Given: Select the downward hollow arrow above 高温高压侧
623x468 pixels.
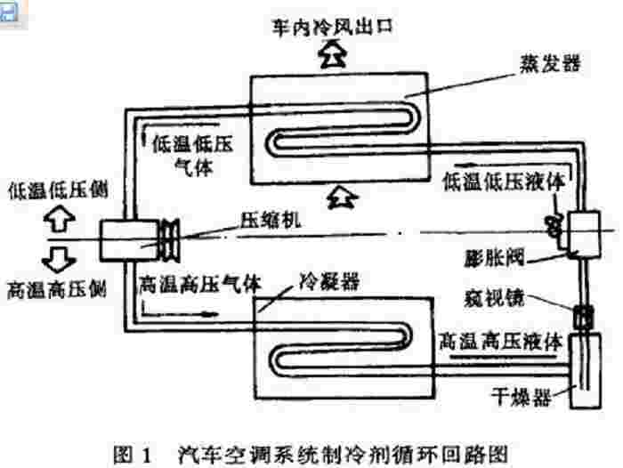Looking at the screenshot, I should [55, 261].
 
